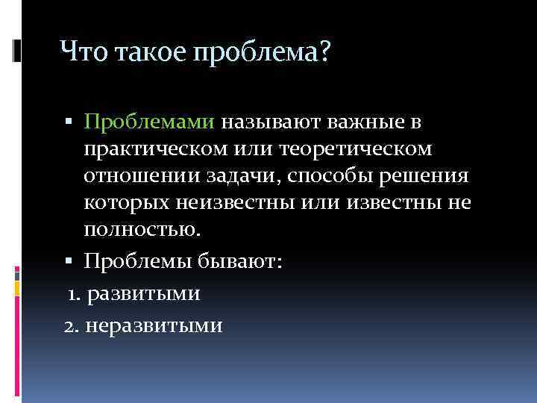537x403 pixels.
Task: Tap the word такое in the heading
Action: click(143, 52)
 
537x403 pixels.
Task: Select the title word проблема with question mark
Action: click(261, 54)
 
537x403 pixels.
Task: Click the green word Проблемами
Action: click(149, 122)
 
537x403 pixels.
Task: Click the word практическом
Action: click(155, 149)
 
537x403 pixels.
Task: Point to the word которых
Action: click(128, 203)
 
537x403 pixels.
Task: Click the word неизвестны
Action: click(243, 203)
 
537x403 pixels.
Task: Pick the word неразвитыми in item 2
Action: click(154, 326)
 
